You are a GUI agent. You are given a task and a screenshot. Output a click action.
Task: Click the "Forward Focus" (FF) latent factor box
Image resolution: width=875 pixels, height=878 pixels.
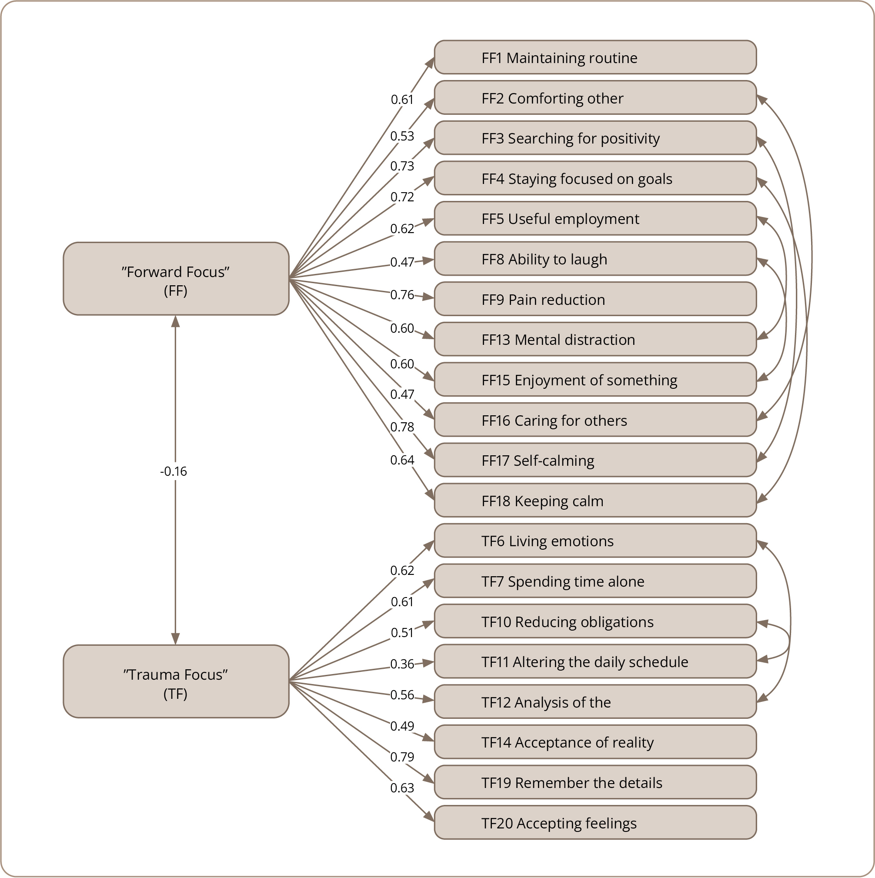coord(176,279)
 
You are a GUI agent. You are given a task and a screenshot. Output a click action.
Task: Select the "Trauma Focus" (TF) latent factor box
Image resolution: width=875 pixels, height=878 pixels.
coord(176,681)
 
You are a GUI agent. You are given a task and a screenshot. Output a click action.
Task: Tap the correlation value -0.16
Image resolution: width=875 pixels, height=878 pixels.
coord(173,471)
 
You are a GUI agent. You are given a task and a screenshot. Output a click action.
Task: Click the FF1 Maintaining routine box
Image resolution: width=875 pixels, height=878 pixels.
coord(595,57)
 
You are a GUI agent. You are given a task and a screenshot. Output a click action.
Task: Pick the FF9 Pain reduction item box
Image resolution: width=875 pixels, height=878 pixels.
coord(595,299)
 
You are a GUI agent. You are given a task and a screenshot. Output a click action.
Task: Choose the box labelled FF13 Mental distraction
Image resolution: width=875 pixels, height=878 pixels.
coord(595,339)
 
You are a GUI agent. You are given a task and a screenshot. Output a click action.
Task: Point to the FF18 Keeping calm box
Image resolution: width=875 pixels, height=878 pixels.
coord(595,501)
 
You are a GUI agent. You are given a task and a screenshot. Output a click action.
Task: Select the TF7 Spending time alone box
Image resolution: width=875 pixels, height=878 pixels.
coord(595,581)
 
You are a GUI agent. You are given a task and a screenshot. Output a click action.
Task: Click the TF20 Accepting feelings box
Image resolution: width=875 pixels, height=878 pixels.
coord(595,823)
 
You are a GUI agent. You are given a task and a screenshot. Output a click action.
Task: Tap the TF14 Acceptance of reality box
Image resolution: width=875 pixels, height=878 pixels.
coord(595,742)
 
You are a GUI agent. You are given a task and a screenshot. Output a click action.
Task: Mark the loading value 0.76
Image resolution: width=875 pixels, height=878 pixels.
coord(402,294)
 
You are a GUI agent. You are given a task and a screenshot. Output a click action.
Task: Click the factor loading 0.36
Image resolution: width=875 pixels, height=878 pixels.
coord(402,664)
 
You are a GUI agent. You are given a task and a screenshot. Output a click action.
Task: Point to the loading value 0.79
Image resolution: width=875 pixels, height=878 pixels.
coord(402,757)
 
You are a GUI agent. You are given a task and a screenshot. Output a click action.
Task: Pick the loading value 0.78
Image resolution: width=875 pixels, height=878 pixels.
coord(402,427)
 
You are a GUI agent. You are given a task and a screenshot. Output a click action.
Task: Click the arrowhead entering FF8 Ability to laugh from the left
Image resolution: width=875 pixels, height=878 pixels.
coord(429,260)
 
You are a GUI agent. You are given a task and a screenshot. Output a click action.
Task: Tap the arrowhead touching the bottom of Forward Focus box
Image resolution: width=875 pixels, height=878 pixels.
coord(175,321)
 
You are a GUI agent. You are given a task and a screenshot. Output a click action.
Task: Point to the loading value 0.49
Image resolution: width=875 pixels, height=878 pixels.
coord(402,726)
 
